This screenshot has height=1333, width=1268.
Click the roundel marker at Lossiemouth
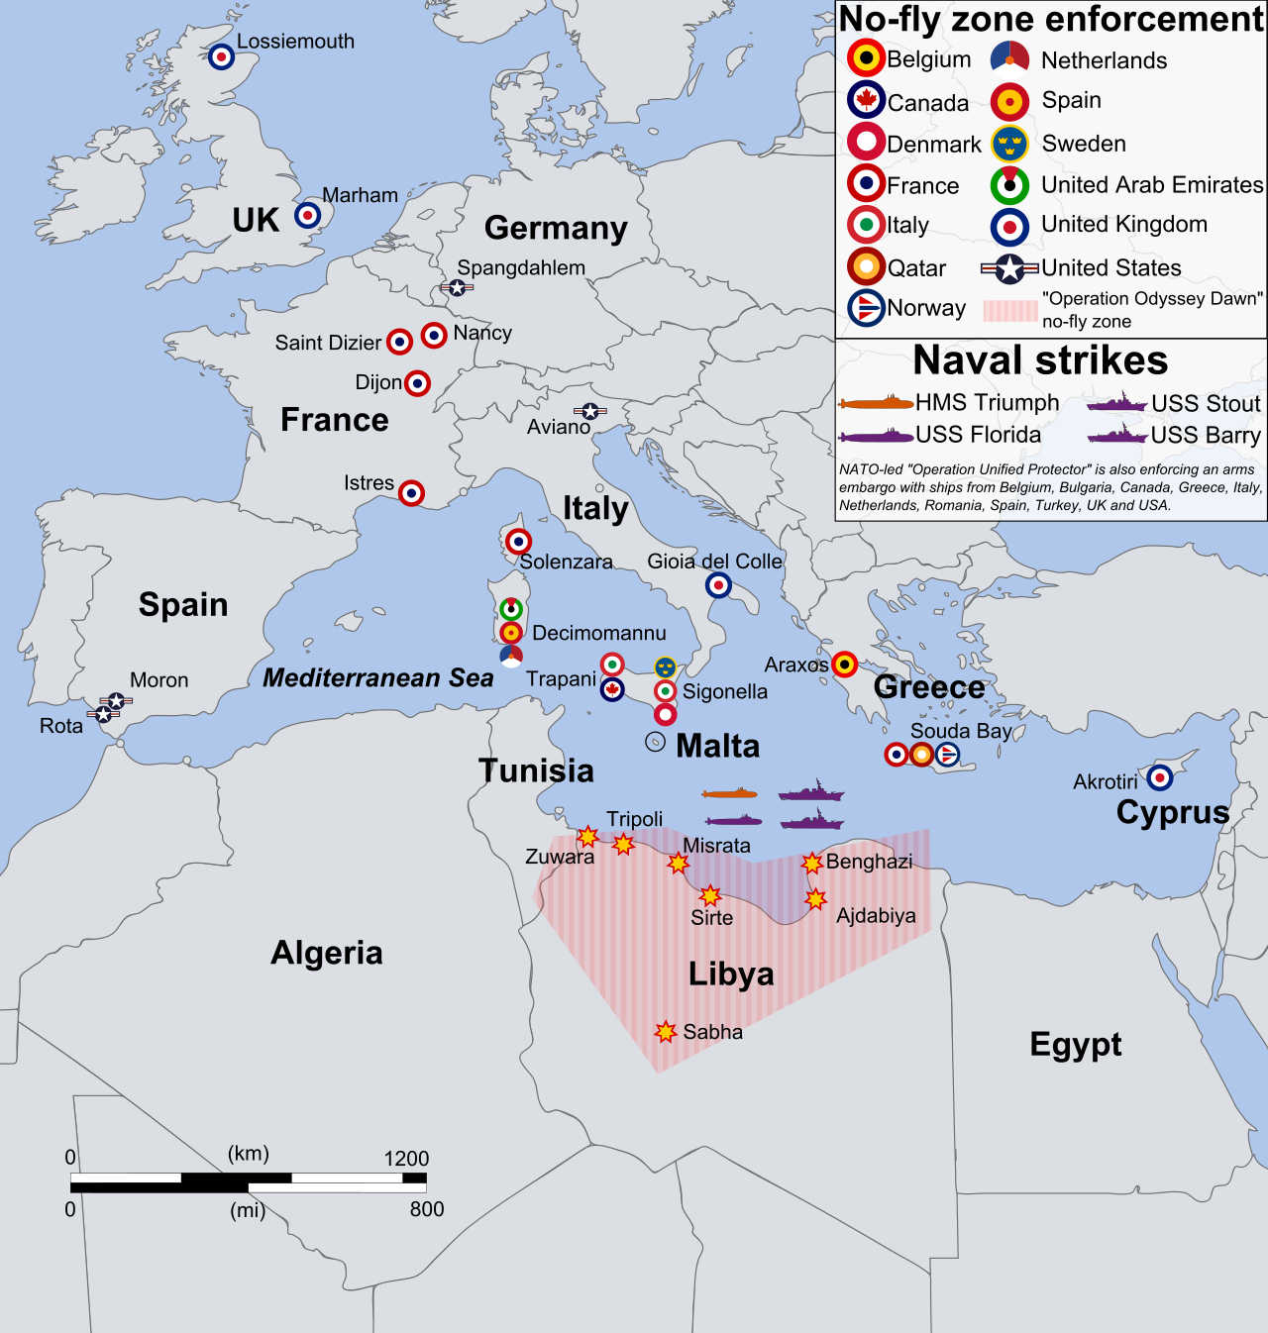(222, 56)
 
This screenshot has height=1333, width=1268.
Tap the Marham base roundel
(308, 215)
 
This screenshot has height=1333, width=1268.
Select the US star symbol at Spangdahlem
(457, 287)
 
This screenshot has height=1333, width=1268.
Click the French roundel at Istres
(411, 492)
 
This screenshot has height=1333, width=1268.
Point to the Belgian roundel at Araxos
(844, 665)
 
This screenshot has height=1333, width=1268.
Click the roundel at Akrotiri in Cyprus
(1160, 777)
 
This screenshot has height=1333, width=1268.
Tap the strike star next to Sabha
(666, 1032)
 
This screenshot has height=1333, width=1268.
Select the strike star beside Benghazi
(812, 863)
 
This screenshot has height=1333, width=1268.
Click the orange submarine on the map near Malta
(730, 794)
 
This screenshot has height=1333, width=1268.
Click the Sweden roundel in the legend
(1009, 145)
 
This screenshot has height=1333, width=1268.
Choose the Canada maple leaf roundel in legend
(867, 100)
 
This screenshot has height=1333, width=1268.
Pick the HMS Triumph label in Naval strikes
(987, 403)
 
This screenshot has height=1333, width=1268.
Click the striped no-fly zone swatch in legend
(1010, 310)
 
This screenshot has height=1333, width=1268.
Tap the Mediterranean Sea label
(377, 677)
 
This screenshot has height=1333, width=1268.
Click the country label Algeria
(326, 953)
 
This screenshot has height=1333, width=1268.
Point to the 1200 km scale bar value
(406, 1159)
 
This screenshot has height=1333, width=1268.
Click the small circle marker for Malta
(655, 742)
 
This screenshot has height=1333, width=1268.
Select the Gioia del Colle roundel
(718, 585)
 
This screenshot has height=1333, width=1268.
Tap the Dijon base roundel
(418, 383)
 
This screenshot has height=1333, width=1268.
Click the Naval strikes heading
(1040, 360)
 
